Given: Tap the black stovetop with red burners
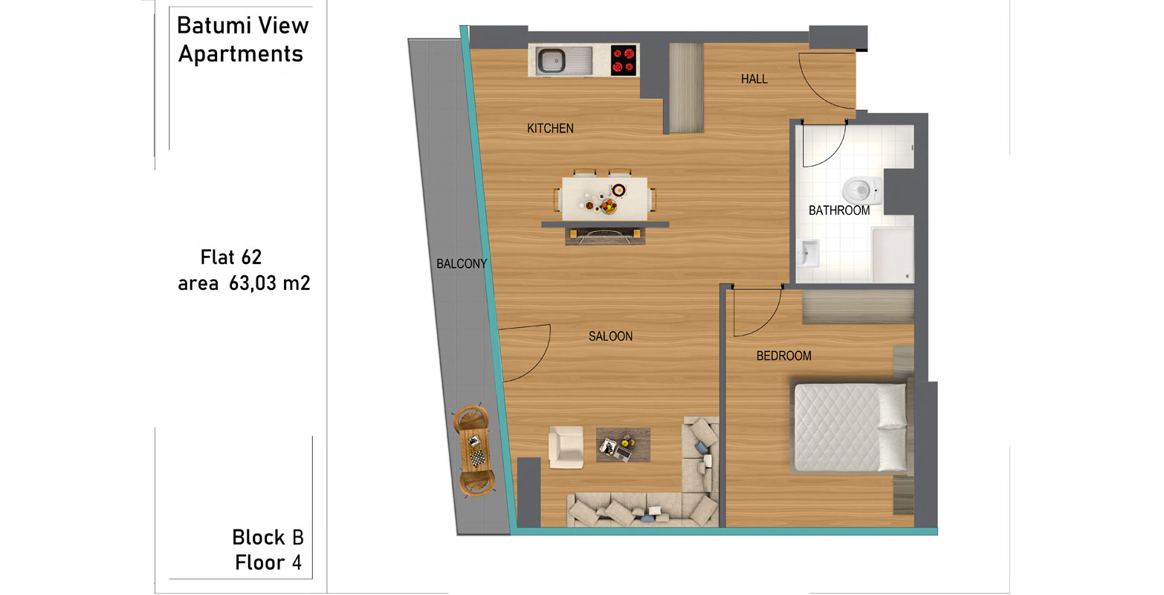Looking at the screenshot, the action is pyautogui.click(x=624, y=60).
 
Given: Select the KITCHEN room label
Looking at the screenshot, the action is pyautogui.click(x=550, y=129).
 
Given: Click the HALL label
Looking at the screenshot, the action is pyautogui.click(x=754, y=79).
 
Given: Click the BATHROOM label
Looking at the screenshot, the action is pyautogui.click(x=839, y=210).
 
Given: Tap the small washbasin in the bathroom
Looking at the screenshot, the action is pyautogui.click(x=809, y=254).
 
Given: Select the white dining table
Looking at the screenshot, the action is pyautogui.click(x=605, y=199).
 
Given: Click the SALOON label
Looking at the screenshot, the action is pyautogui.click(x=610, y=336).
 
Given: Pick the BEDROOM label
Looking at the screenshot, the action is pyautogui.click(x=783, y=356).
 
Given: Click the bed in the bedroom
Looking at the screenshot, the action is pyautogui.click(x=850, y=428).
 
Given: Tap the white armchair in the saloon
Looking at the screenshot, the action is pyautogui.click(x=566, y=446).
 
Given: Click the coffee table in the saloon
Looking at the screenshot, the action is pyautogui.click(x=623, y=445).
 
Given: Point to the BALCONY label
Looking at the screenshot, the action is pyautogui.click(x=462, y=264).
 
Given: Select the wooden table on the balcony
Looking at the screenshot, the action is pyautogui.click(x=474, y=451).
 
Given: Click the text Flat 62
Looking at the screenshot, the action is pyautogui.click(x=230, y=257).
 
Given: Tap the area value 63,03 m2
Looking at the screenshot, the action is pyautogui.click(x=269, y=283).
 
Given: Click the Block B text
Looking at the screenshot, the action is pyautogui.click(x=268, y=537).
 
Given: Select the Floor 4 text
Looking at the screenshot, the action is pyautogui.click(x=268, y=563).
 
